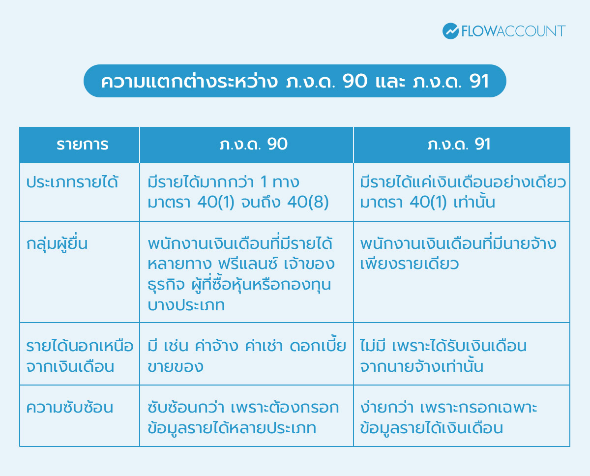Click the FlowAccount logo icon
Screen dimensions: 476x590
[450, 31]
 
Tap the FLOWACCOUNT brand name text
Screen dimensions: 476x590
[513, 31]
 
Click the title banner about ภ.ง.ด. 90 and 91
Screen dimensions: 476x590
[295, 81]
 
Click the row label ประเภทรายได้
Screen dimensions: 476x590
[72, 182]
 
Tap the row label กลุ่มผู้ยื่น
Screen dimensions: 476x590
[57, 243]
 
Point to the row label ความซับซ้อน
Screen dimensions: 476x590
[70, 408]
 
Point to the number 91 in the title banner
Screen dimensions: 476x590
[479, 82]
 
